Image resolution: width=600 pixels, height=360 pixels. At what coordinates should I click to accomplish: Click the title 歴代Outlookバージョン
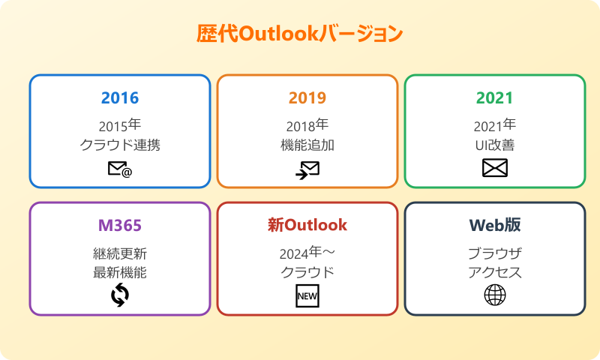pyautogui.click(x=300, y=34)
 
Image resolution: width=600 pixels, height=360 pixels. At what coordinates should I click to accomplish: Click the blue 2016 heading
pyautogui.click(x=120, y=98)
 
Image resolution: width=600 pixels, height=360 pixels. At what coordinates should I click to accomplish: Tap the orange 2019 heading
pyautogui.click(x=307, y=98)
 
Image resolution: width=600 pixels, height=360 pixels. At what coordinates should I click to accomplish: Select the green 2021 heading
pyautogui.click(x=495, y=98)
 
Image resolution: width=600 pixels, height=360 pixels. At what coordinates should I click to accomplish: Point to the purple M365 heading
pyautogui.click(x=120, y=226)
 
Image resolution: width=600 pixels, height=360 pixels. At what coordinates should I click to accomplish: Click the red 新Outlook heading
pyautogui.click(x=307, y=225)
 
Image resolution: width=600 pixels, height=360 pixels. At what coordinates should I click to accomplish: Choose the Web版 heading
pyautogui.click(x=495, y=226)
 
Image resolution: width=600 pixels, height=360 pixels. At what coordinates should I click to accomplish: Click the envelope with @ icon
pyautogui.click(x=120, y=170)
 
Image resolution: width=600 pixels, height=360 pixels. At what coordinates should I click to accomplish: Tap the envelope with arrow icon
pyautogui.click(x=307, y=170)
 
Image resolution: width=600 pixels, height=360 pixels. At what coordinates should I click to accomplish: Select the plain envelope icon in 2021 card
pyautogui.click(x=495, y=169)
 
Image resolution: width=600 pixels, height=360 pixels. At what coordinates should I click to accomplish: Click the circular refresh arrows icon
pyautogui.click(x=120, y=295)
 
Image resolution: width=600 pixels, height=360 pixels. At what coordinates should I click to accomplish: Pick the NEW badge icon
pyautogui.click(x=307, y=296)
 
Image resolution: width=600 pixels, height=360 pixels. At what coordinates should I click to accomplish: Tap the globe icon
pyautogui.click(x=495, y=295)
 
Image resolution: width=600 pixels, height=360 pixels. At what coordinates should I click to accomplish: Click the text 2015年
pyautogui.click(x=120, y=124)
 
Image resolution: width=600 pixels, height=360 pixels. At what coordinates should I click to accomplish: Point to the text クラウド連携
pyautogui.click(x=120, y=145)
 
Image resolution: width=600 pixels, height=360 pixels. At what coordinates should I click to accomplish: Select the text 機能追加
pyautogui.click(x=307, y=145)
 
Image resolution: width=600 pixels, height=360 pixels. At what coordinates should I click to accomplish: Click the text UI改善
pyautogui.click(x=495, y=145)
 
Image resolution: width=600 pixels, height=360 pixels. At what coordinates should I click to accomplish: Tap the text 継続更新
pyautogui.click(x=120, y=253)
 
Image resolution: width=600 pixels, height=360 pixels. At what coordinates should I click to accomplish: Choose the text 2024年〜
pyautogui.click(x=307, y=253)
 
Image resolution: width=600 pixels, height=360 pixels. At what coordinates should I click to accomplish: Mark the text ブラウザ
pyautogui.click(x=495, y=253)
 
